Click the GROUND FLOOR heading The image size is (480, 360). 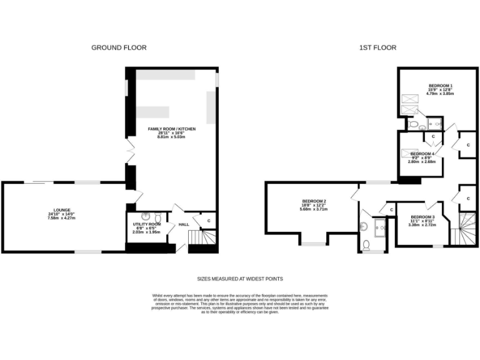click(x=119, y=47)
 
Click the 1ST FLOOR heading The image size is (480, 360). click(x=377, y=47)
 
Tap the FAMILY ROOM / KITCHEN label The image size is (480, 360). click(x=171, y=129)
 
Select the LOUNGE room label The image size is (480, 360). click(x=62, y=210)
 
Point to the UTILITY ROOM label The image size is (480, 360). click(x=147, y=224)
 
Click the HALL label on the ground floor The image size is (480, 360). click(x=184, y=224)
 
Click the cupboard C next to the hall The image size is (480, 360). click(x=208, y=221)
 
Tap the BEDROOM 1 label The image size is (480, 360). click(x=440, y=86)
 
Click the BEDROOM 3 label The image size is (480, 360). click(x=422, y=217)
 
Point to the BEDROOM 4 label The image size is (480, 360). click(x=422, y=153)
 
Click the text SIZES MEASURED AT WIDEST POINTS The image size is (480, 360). click(x=240, y=279)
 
